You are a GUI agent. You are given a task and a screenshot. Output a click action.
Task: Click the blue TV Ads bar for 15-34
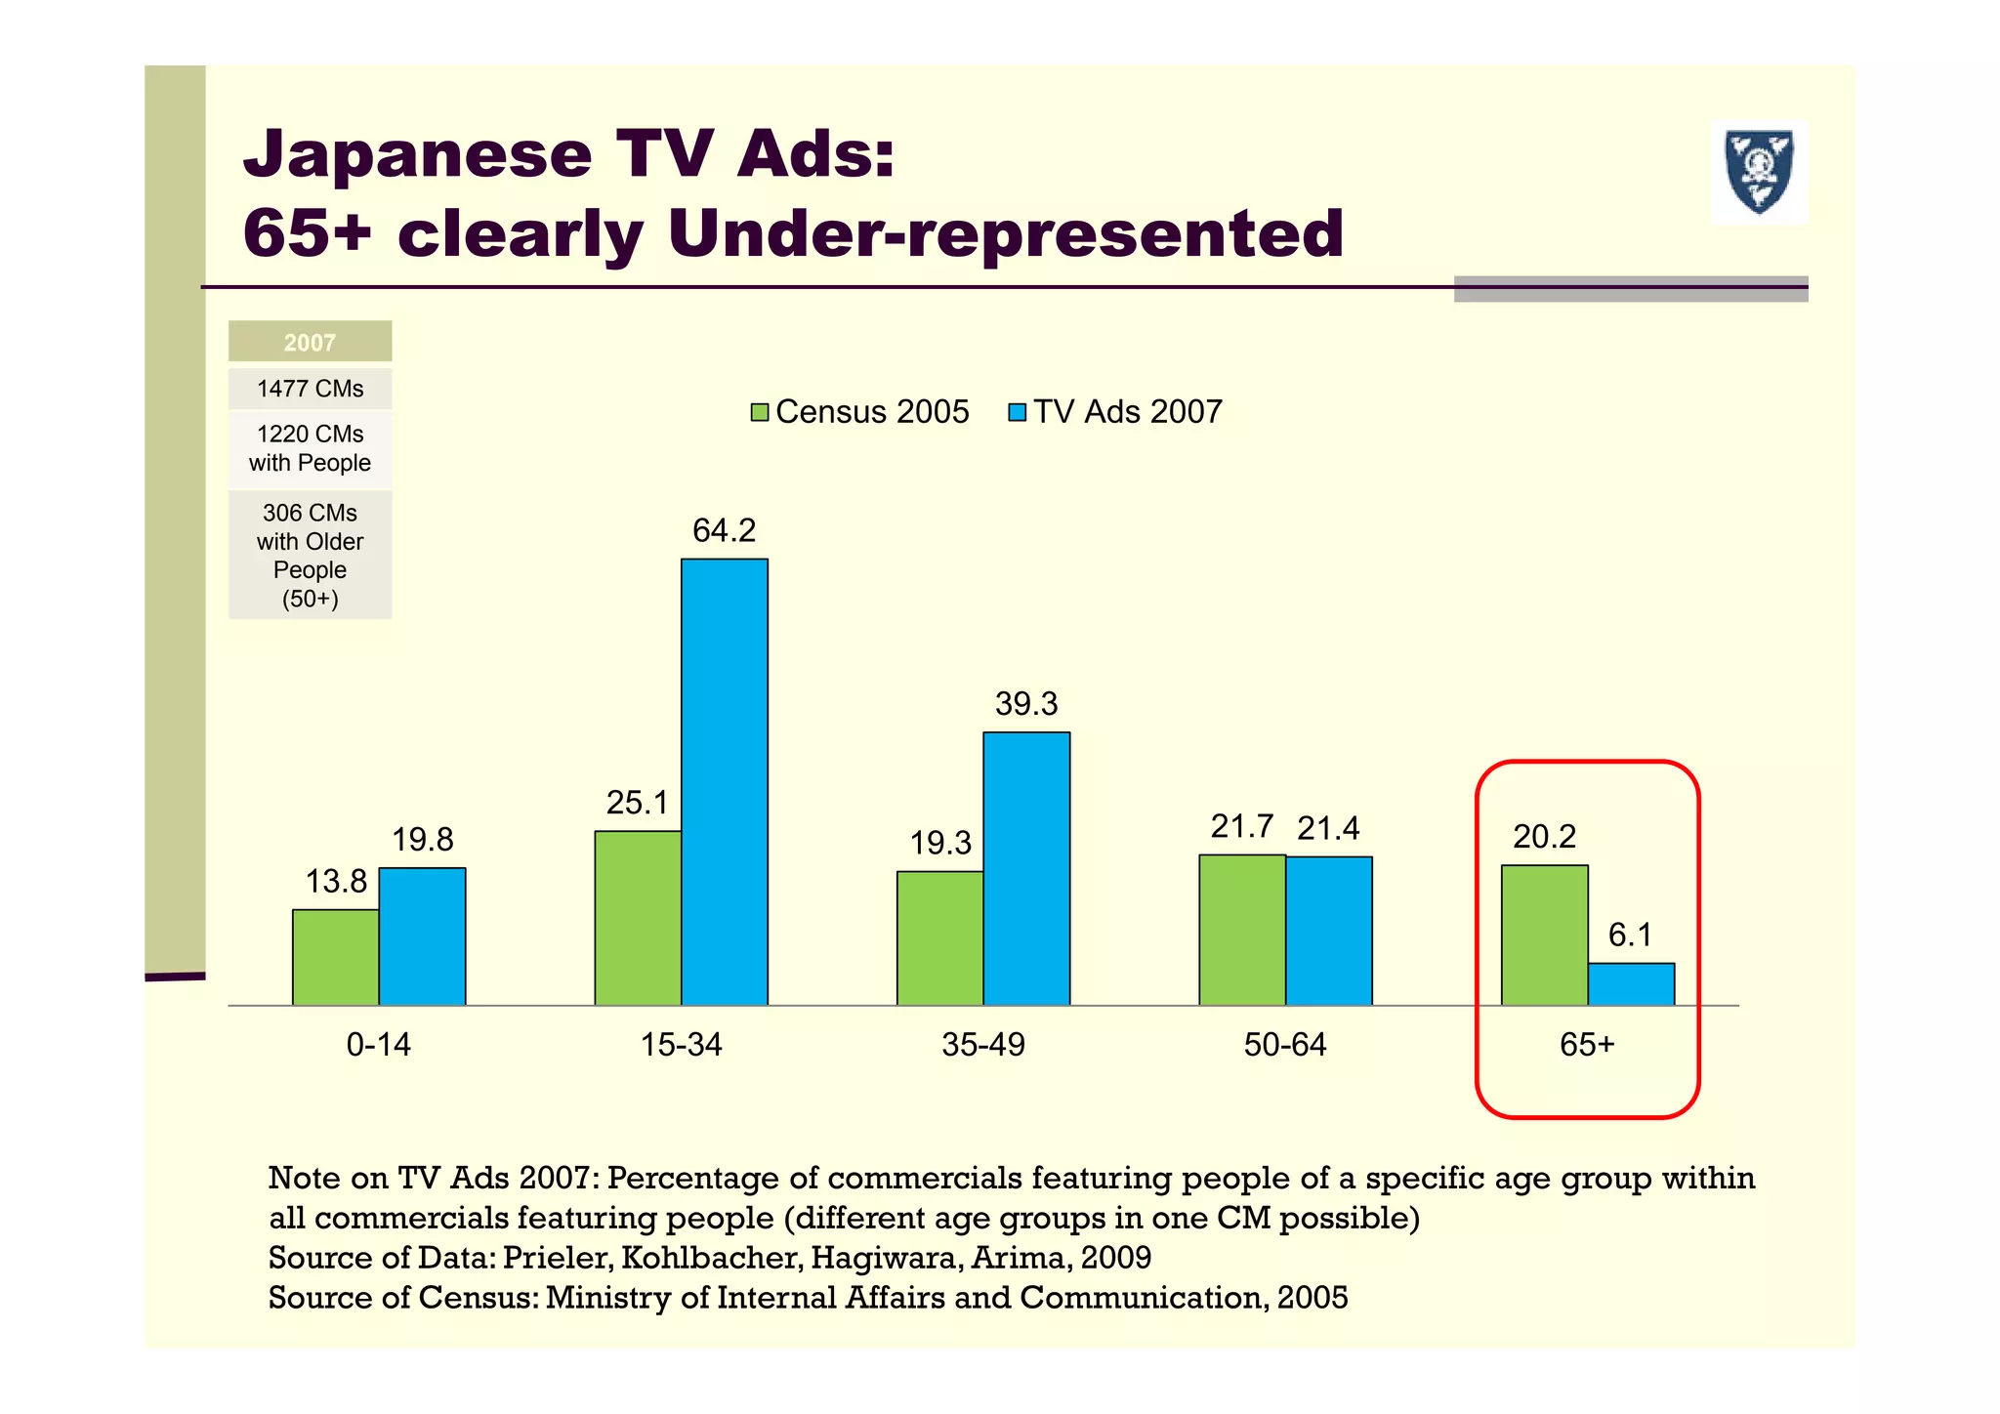[724, 781]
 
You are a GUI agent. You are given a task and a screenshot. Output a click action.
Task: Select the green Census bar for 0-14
[335, 957]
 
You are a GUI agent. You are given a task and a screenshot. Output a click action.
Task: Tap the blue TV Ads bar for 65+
[1630, 983]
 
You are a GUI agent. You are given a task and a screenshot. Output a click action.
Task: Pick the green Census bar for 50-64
[1241, 930]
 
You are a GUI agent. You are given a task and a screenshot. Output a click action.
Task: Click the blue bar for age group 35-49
[1025, 868]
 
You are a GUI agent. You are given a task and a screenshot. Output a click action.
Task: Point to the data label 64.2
[724, 530]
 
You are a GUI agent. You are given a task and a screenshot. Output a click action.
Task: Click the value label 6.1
[1630, 936]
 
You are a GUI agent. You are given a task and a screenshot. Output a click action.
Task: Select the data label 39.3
[1025, 704]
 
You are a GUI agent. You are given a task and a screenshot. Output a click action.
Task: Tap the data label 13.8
[336, 882]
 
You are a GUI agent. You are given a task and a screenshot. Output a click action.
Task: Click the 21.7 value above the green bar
[1241, 827]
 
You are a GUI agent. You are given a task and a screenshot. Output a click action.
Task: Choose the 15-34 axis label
[681, 1045]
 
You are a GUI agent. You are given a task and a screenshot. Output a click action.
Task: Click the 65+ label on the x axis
[1587, 1045]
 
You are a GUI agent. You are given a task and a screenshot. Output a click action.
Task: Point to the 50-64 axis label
[1284, 1045]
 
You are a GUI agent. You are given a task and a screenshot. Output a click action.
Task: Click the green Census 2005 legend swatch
[759, 412]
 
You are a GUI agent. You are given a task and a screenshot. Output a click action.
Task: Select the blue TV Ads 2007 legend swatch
[1017, 412]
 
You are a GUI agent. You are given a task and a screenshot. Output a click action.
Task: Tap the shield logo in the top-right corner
[1758, 173]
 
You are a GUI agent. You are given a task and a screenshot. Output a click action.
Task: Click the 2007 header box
[310, 342]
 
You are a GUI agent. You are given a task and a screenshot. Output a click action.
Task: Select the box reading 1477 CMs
[310, 389]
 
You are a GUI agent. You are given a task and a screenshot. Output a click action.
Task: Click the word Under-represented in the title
[1005, 234]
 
